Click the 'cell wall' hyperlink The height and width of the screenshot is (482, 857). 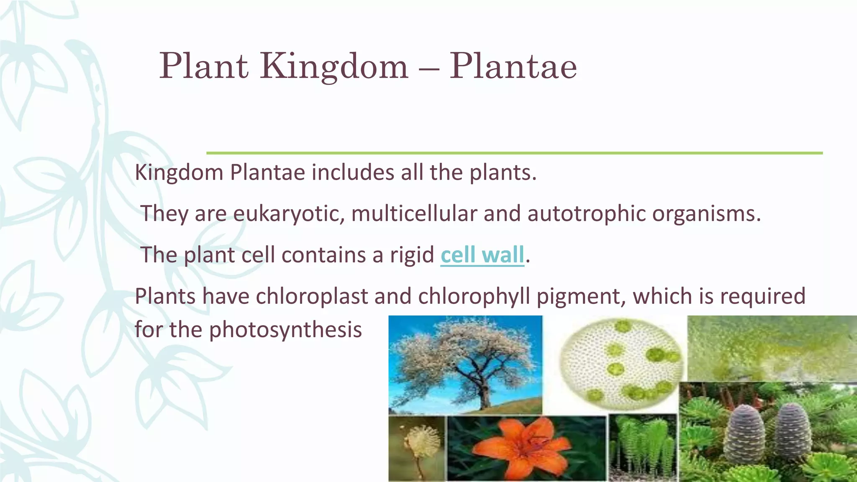[x=482, y=255]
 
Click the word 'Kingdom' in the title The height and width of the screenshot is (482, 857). [x=334, y=67]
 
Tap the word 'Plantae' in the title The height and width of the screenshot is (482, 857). [x=513, y=67]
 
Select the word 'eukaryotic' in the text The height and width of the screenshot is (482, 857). [x=288, y=213]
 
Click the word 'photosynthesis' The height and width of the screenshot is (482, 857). [x=285, y=329]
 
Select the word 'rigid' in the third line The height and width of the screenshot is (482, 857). [x=412, y=255]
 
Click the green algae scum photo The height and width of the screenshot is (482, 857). [x=770, y=347]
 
